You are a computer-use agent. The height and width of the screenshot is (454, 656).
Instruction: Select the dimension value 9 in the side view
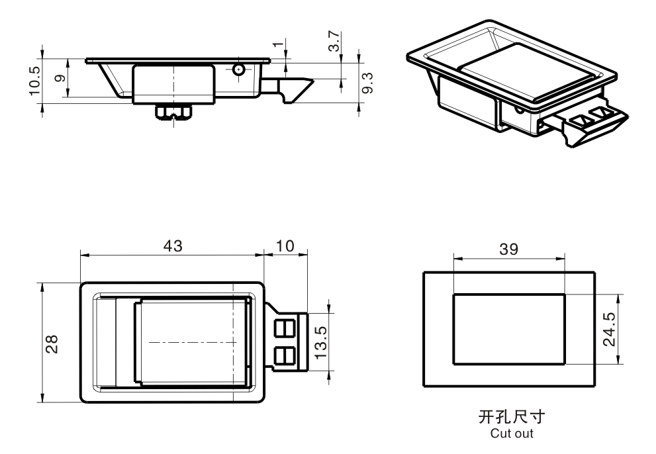(x=60, y=79)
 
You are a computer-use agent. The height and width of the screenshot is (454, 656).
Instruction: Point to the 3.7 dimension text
(x=336, y=41)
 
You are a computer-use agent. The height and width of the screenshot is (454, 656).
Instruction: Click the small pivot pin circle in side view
(x=240, y=69)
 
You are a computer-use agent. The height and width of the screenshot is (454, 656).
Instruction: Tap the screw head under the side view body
(x=173, y=113)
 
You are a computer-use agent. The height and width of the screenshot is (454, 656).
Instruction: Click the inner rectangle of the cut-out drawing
(x=509, y=328)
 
